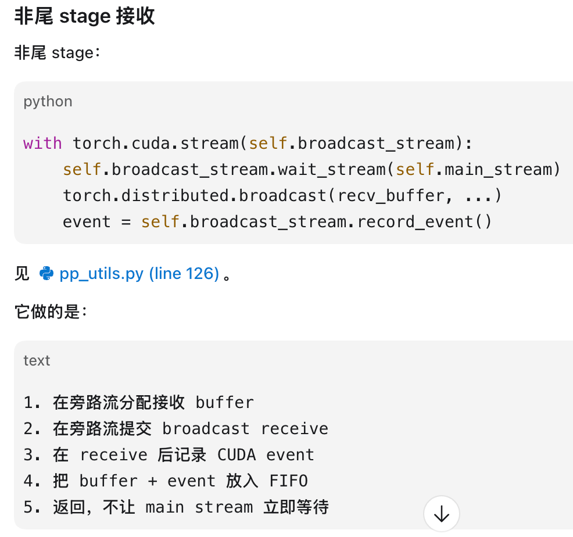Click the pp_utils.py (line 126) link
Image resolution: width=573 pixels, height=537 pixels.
click(139, 274)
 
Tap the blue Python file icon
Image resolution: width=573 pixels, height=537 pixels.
click(46, 273)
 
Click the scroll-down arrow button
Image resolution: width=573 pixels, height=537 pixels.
click(442, 514)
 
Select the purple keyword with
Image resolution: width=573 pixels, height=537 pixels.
click(42, 144)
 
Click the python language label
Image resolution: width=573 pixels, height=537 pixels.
click(48, 102)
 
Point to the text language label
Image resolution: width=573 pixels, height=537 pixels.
click(37, 361)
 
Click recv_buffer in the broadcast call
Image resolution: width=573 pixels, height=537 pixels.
click(391, 196)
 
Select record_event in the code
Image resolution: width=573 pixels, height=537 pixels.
click(415, 222)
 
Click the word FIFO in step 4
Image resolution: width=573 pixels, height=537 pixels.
click(289, 481)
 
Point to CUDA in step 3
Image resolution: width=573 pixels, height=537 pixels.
click(237, 455)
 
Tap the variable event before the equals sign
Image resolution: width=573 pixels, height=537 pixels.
click(87, 222)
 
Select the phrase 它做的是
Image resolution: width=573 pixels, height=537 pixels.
click(47, 312)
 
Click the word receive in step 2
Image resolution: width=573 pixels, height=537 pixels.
click(295, 429)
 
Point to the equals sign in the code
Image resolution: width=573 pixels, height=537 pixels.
click(126, 222)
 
